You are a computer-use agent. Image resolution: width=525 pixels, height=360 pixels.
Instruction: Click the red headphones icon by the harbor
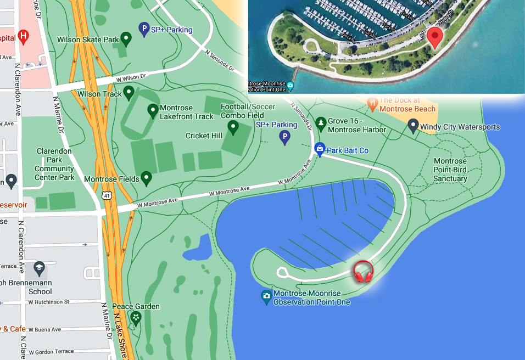(363, 272)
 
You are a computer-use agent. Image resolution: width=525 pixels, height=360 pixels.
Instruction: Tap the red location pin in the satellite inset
(435, 37)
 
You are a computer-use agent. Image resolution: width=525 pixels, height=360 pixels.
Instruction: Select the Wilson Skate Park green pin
(126, 39)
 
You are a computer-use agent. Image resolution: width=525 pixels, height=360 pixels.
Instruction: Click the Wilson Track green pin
(129, 93)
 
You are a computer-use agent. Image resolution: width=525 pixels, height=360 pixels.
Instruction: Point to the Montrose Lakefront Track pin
(153, 111)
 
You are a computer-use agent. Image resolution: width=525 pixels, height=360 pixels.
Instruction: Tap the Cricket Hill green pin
(233, 128)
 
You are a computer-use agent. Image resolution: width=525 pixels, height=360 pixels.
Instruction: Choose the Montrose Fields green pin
(146, 178)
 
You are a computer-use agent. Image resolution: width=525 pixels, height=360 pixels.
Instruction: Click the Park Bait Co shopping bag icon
(319, 148)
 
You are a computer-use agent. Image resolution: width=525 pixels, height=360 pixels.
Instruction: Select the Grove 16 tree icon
(320, 122)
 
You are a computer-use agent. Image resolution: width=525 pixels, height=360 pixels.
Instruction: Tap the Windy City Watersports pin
(414, 127)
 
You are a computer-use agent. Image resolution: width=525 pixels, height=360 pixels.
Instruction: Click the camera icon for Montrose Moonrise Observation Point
(266, 297)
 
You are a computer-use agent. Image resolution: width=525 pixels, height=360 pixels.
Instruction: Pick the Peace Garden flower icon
(136, 317)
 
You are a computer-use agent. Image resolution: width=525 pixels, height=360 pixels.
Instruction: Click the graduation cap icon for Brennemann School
(39, 268)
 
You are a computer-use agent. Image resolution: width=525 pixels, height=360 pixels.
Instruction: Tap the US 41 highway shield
(105, 195)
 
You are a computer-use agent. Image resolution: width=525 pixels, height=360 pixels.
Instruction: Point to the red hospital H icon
(23, 37)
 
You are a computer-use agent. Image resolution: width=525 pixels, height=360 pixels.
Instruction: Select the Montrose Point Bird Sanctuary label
(450, 170)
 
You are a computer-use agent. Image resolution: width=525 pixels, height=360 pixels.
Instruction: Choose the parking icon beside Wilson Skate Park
(144, 29)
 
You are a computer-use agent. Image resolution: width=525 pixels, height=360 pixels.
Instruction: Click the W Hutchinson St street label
(49, 302)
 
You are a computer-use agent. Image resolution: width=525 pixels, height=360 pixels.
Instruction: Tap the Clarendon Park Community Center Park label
(54, 164)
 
